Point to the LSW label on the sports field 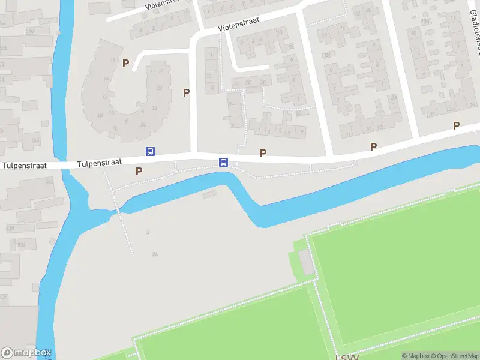[x=347, y=357]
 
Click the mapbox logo [x=26, y=353]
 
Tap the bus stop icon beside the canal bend [x=223, y=162]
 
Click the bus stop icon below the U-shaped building [x=150, y=152]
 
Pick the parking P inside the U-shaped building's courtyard [x=126, y=63]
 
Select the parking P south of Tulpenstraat [x=139, y=171]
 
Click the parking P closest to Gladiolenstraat [x=456, y=125]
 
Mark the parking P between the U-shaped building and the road [x=187, y=92]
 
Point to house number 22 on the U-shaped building [x=154, y=107]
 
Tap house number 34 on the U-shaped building [x=142, y=125]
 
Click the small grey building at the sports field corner [x=306, y=263]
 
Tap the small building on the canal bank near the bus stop [x=209, y=194]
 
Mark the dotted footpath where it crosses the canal [x=118, y=208]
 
